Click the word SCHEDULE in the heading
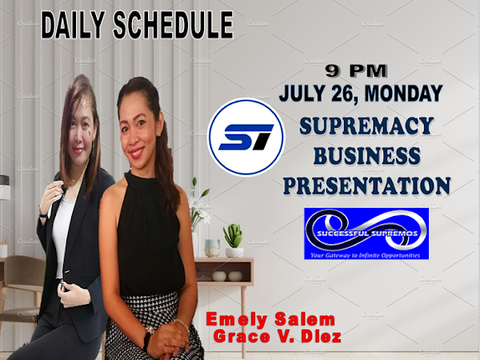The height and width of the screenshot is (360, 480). pyautogui.click(x=174, y=25)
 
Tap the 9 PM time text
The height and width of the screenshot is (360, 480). pyautogui.click(x=356, y=71)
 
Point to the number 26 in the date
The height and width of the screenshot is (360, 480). pyautogui.click(x=345, y=93)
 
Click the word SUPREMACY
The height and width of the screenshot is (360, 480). pyautogui.click(x=366, y=126)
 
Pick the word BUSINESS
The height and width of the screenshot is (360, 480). pyautogui.click(x=366, y=155)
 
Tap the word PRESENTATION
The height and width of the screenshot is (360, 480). pyautogui.click(x=366, y=186)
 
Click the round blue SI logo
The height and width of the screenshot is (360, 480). pyautogui.click(x=246, y=137)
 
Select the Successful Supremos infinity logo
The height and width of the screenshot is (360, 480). pyautogui.click(x=366, y=234)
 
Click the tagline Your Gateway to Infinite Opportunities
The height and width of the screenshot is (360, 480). pyautogui.click(x=366, y=255)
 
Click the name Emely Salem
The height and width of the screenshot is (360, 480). pyautogui.click(x=270, y=319)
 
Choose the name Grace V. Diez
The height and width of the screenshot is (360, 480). pyautogui.click(x=278, y=336)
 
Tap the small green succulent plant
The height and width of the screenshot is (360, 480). pyautogui.click(x=234, y=235)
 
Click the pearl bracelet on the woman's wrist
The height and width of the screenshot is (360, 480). pyautogui.click(x=182, y=325)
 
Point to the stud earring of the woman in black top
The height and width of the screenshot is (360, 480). pyautogui.click(x=159, y=134)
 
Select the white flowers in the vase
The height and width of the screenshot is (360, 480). pyautogui.click(x=199, y=203)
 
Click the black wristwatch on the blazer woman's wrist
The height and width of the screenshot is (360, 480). pyautogui.click(x=43, y=214)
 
